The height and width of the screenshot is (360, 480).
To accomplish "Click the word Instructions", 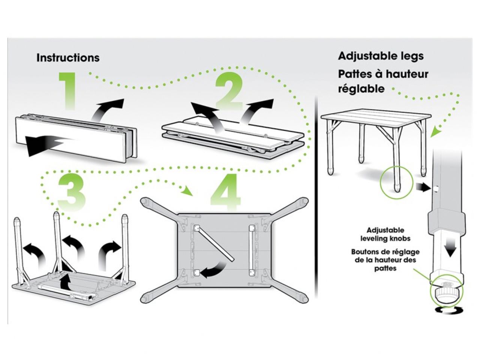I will click(68, 58).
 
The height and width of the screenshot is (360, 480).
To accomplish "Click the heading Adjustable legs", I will click(381, 56).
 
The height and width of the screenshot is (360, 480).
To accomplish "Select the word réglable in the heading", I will click(356, 89).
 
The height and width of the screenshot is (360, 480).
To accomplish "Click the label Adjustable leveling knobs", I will click(385, 234).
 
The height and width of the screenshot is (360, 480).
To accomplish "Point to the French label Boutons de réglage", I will click(385, 252).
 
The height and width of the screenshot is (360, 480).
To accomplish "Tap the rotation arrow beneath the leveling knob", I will click(446, 310).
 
